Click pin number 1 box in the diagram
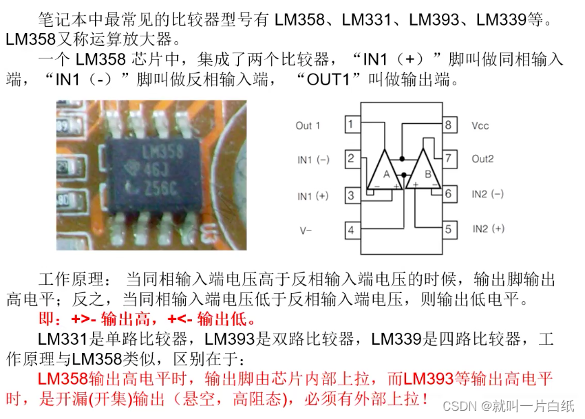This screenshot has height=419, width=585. click(x=351, y=125)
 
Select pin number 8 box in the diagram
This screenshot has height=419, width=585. click(x=449, y=125)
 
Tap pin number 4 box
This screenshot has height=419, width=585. click(x=351, y=230)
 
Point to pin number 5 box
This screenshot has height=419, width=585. click(x=449, y=229)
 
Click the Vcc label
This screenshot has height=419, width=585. click(x=480, y=126)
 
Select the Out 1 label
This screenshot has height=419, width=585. click(x=308, y=126)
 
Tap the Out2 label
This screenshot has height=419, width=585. click(x=483, y=159)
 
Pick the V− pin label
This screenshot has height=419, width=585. click(x=305, y=230)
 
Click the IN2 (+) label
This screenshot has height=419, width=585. click(x=488, y=228)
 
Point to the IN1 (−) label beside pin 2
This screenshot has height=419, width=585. click(x=313, y=160)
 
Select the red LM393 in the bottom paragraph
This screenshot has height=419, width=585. click(x=429, y=378)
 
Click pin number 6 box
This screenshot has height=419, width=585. click(x=449, y=194)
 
